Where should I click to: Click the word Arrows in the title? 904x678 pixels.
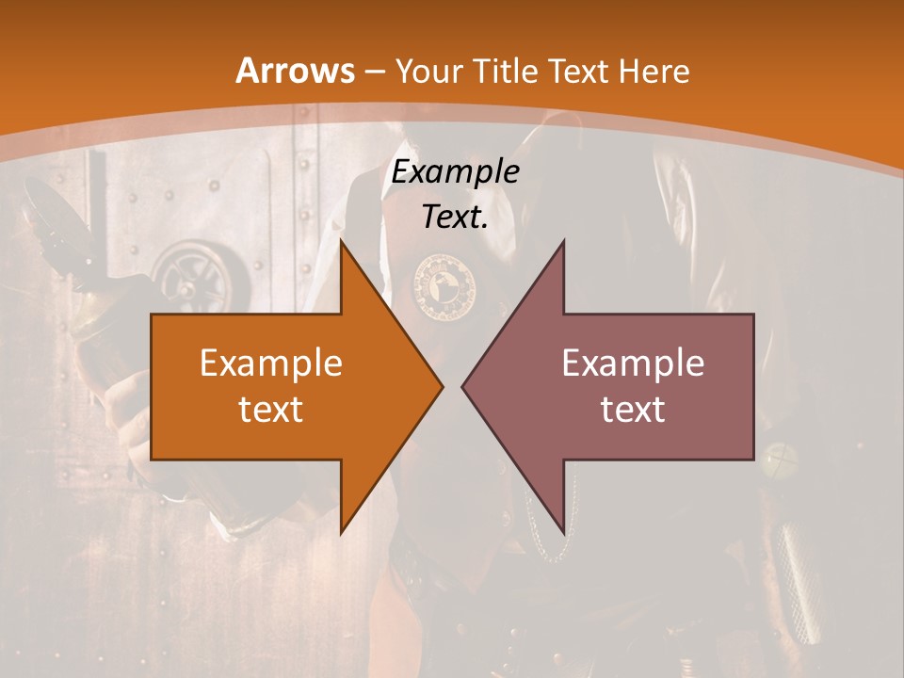(x=295, y=71)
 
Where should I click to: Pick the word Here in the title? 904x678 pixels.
(x=655, y=72)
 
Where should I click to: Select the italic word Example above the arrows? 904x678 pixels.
(x=455, y=172)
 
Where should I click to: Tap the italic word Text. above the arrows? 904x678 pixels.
(x=455, y=218)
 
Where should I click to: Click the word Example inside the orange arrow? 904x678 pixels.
(x=270, y=363)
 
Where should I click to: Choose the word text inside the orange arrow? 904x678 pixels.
(x=270, y=409)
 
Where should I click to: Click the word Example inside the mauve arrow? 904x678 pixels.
(x=633, y=363)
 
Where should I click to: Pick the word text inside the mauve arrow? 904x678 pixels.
(x=633, y=409)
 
